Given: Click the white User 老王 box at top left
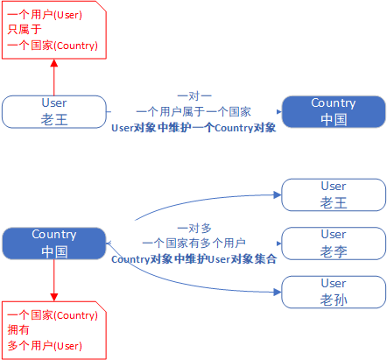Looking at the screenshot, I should pyautogui.click(x=53, y=111).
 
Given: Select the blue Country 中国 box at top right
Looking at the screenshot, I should pyautogui.click(x=333, y=111).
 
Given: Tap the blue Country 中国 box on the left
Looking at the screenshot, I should pyautogui.click(x=53, y=243).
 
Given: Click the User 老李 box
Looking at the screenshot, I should pyautogui.click(x=333, y=243).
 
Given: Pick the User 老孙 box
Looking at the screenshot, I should pyautogui.click(x=333, y=292).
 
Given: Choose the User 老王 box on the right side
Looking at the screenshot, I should pyautogui.click(x=333, y=194).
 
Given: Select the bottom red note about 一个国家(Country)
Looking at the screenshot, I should pyautogui.click(x=53, y=330).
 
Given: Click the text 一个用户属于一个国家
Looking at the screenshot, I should pyautogui.click(x=193, y=111).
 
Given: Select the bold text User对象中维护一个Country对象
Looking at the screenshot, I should pyautogui.click(x=193, y=128).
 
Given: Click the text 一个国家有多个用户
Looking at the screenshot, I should pyautogui.click(x=193, y=243).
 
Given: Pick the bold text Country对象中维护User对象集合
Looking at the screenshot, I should pyautogui.click(x=193, y=259).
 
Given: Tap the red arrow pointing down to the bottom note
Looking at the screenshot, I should pyautogui.click(x=53, y=280).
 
